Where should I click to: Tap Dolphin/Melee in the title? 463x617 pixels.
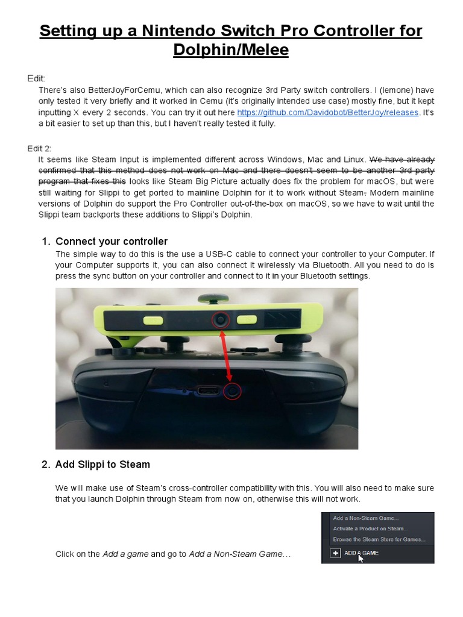[x=231, y=50]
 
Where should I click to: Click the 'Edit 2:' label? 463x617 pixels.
[x=40, y=148]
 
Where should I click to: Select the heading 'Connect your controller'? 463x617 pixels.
[x=112, y=242]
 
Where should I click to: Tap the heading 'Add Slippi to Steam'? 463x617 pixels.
[x=102, y=465]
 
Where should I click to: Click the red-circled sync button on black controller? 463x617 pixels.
[x=232, y=392]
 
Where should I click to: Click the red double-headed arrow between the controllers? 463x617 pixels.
[x=227, y=355]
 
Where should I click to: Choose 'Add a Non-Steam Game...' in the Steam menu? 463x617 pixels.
[x=365, y=518]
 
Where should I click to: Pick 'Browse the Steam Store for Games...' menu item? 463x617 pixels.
[x=379, y=539]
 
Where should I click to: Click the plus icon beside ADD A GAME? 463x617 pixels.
[x=335, y=553]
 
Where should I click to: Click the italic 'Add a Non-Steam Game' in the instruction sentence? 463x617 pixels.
[x=235, y=554]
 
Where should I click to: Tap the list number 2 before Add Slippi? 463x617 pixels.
[x=45, y=465]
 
